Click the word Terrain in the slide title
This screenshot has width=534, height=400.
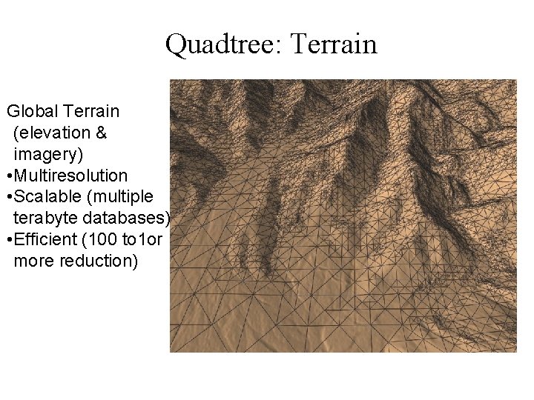tap(335, 44)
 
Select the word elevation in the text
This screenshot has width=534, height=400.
tap(53, 133)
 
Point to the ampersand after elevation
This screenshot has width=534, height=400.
tap(102, 133)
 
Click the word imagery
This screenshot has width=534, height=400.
tap(49, 154)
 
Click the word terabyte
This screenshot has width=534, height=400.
tap(44, 219)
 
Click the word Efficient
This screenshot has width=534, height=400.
tap(44, 240)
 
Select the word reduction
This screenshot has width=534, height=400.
tap(100, 261)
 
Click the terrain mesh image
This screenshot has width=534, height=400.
tap(343, 216)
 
